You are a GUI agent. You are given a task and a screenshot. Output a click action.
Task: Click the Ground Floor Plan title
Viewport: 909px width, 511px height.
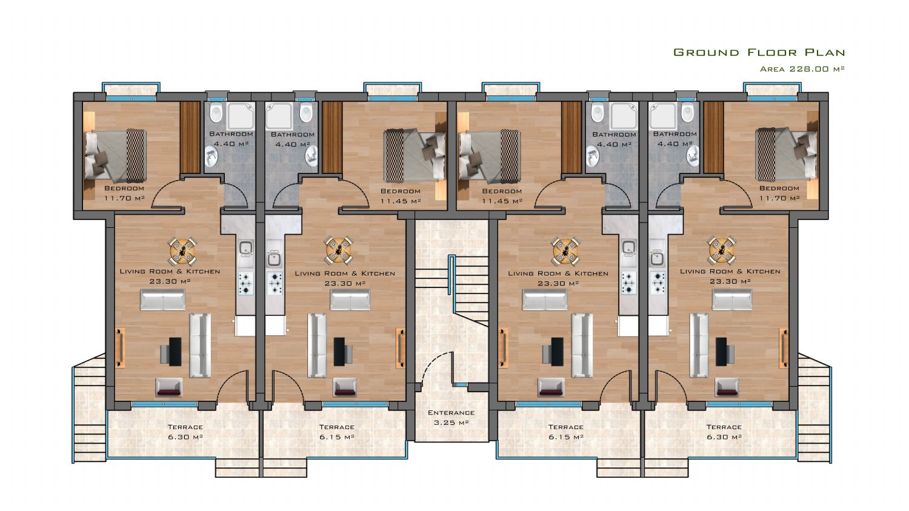759,52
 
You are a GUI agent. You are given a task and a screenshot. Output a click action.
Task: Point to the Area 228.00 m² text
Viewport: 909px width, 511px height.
802,68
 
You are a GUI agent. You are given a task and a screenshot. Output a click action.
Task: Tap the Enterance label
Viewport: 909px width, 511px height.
451,413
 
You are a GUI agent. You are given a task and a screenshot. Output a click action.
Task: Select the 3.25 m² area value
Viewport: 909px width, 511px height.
451,422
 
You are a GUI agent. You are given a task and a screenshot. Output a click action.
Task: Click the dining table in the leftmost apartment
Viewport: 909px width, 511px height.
182,250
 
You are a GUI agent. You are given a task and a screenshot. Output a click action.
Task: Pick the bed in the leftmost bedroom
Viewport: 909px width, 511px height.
115,155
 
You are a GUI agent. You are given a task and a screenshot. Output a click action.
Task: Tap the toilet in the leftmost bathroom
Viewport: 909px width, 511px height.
216,112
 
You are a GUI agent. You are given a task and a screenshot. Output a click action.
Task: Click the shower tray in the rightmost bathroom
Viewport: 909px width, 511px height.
663,115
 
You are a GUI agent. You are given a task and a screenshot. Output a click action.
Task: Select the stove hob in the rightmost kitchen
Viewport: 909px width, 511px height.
658,282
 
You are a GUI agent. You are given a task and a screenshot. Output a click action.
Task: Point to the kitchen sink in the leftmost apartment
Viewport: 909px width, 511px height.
245,249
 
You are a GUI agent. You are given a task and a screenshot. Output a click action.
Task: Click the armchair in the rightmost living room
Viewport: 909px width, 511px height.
727,387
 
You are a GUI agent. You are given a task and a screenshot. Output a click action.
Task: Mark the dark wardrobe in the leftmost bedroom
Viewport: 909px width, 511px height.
190,137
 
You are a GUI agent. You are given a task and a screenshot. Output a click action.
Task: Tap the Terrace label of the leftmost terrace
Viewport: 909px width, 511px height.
185,427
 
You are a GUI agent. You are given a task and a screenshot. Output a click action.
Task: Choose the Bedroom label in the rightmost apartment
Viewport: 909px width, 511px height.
779,189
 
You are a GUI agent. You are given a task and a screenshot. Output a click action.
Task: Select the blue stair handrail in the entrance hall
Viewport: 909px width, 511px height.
450,275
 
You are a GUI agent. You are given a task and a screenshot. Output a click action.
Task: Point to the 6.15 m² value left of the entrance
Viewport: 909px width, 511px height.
336,436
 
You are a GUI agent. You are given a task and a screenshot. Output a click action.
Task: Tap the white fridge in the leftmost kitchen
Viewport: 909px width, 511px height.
245,326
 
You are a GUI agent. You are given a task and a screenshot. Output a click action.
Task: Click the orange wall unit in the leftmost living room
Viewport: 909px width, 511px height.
120,348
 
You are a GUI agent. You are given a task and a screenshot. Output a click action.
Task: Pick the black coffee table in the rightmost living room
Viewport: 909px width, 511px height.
721,352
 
